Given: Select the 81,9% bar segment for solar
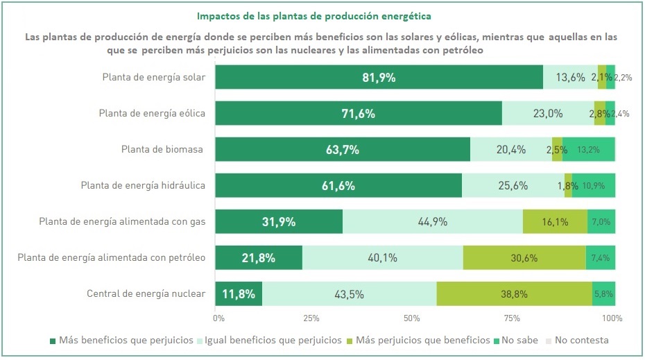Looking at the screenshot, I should [379, 78].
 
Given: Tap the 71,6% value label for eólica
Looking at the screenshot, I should [359, 114].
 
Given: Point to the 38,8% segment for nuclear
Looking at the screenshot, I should [515, 294].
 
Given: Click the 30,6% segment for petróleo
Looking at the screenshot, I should [524, 258].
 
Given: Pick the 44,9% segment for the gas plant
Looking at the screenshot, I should [432, 222].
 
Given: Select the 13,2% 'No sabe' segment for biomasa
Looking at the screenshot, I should [588, 150].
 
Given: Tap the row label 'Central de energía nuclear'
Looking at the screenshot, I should [146, 293].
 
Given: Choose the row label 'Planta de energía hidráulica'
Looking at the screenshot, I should [143, 185].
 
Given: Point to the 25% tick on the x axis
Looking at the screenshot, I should [311, 318].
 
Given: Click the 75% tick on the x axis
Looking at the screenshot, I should [513, 318].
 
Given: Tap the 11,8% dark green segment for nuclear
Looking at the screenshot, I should [239, 294].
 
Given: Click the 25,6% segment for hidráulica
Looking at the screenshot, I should [513, 186].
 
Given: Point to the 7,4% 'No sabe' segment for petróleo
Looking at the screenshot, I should [601, 258].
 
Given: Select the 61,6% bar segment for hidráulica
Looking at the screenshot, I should [338, 186].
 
